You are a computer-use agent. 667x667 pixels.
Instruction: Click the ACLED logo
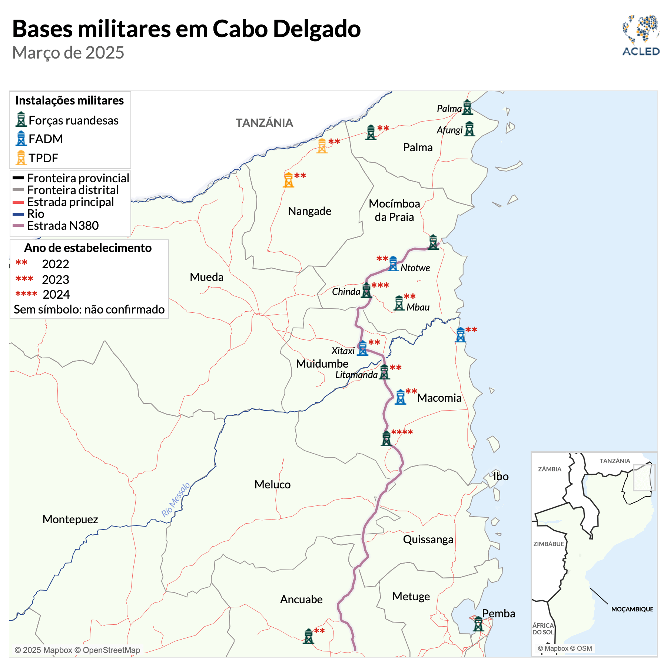coord(641,36)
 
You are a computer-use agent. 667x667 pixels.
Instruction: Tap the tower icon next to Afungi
coord(469,129)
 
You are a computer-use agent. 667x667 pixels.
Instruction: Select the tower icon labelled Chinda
coord(366,290)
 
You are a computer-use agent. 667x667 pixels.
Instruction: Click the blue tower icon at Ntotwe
coord(393,264)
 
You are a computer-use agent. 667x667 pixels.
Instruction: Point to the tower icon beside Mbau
coord(399,303)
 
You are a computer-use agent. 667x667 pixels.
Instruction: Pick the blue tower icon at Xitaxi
coord(362,348)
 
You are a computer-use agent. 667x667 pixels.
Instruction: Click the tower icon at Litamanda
coord(384,372)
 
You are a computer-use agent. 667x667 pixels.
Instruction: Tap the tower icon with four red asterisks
coord(386,438)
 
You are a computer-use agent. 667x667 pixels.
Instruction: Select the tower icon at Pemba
coord(478,624)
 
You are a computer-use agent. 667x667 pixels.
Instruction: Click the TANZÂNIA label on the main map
coord(264,123)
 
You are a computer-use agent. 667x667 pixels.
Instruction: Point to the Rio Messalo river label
coord(176,500)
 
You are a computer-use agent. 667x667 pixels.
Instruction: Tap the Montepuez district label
coord(70,519)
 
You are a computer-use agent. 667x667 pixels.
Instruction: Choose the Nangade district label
coord(309,211)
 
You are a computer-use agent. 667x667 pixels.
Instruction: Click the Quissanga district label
coord(428,539)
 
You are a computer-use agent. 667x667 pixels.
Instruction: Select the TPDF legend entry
coord(43,158)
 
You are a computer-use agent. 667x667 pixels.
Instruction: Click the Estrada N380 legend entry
coord(63,225)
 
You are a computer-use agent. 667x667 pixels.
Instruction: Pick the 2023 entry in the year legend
coord(55,279)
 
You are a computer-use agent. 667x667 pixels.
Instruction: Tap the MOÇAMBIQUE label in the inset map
coord(632,609)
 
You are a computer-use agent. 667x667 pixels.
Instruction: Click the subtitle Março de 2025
coord(68,53)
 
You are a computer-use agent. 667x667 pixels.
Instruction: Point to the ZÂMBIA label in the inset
coord(550,469)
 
